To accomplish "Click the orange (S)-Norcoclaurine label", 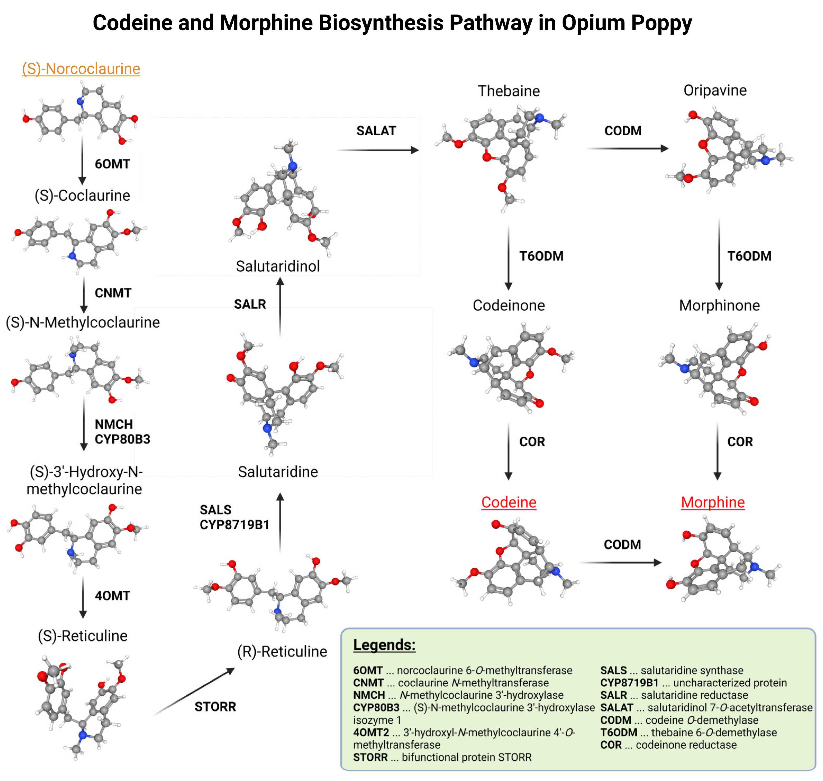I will (x=81, y=69).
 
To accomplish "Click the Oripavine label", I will (x=715, y=90).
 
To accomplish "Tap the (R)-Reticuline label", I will (x=282, y=651).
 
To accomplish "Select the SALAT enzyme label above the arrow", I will (x=376, y=131).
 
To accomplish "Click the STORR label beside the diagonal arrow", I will (x=215, y=706).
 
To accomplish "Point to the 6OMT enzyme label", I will (x=112, y=164).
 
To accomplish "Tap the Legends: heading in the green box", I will (x=384, y=645).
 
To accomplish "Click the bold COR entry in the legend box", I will (x=611, y=745).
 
